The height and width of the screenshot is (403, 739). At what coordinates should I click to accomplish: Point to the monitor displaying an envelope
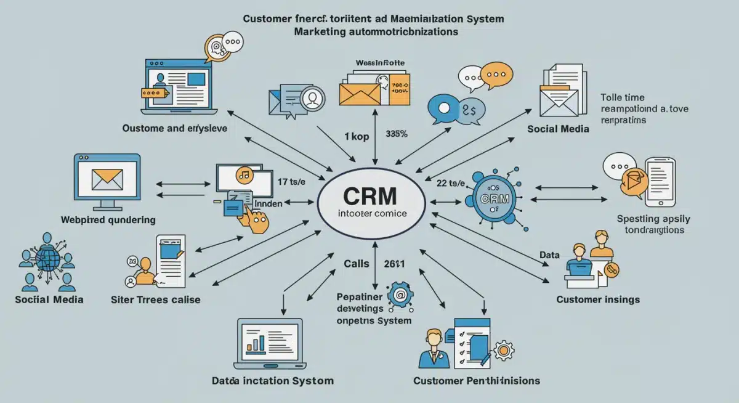(107, 179)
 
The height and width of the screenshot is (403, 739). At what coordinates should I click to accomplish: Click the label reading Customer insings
(597, 299)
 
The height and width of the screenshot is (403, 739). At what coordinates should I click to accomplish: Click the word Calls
(356, 264)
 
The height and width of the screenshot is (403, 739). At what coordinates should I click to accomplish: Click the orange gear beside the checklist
(504, 351)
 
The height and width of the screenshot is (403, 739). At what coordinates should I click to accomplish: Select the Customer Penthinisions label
(476, 380)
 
